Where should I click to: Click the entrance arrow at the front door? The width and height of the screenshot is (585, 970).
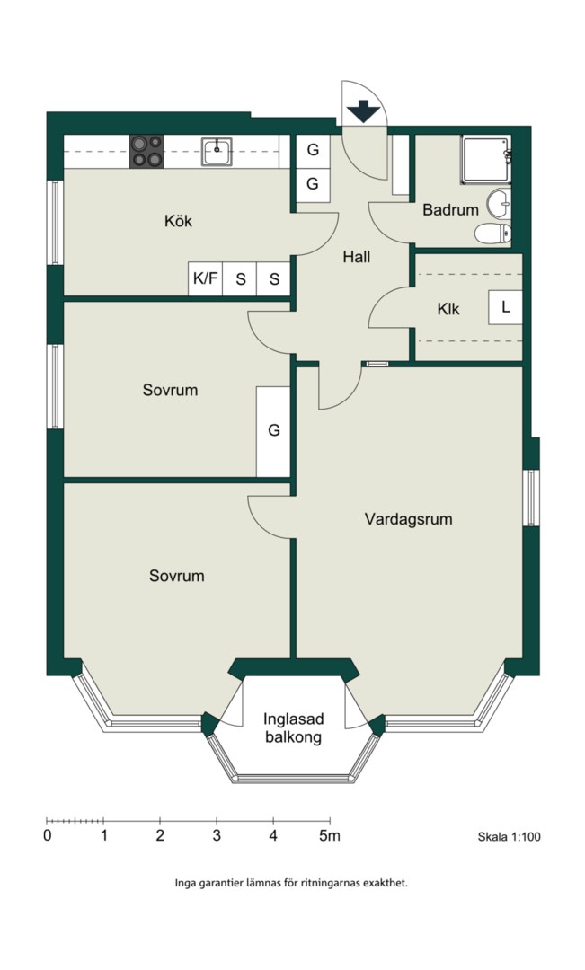point(363,111)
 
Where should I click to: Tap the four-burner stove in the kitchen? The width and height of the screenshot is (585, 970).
point(146,152)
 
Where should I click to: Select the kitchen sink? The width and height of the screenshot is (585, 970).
point(217,152)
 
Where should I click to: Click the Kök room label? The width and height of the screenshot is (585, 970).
point(178,221)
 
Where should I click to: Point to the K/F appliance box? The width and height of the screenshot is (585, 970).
point(205,279)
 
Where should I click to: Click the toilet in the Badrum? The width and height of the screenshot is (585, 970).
point(492,234)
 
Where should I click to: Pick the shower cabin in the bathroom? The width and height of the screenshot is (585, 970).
point(485,160)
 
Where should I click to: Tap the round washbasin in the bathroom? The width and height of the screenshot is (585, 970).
point(499,204)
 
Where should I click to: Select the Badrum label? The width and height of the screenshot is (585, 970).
point(451,209)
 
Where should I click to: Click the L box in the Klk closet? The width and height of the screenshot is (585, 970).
point(505,307)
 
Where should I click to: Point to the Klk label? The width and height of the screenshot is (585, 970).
point(448,309)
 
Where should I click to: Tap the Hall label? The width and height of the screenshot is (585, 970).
point(357,257)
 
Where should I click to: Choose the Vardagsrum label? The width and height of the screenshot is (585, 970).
point(409,518)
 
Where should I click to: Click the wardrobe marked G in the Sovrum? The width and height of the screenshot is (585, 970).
point(273,431)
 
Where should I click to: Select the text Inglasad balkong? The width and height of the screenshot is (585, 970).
point(294,728)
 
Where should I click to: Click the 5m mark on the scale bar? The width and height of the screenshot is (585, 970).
point(330,836)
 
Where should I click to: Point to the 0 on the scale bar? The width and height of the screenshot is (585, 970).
point(48,836)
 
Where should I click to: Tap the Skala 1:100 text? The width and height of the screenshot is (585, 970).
point(509,837)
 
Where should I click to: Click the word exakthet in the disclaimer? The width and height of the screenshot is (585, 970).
point(383,884)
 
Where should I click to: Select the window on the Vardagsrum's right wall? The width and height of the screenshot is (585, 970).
point(531,498)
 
